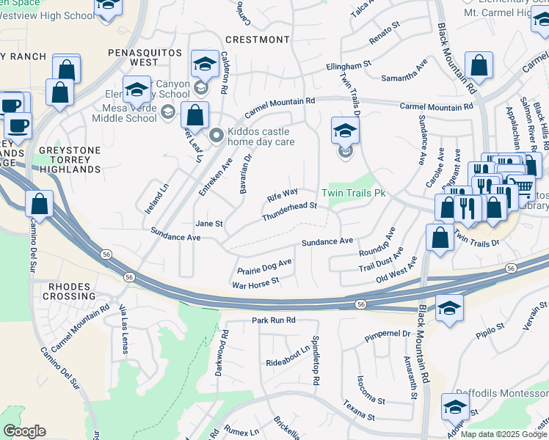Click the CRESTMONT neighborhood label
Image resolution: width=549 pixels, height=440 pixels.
pyautogui.click(x=257, y=39)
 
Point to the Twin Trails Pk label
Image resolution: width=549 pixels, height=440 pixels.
pyautogui.click(x=354, y=194)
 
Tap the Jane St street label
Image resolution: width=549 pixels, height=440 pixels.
pyautogui.click(x=208, y=223)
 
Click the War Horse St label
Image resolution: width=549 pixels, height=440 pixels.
pyautogui.click(x=255, y=282)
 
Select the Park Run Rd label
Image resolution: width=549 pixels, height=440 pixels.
pyautogui.click(x=272, y=320)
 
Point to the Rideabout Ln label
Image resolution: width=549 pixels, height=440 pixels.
pyautogui.click(x=288, y=356)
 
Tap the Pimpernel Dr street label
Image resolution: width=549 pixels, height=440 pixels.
pyautogui.click(x=386, y=337)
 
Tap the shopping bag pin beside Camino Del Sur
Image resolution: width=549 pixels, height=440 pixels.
pyautogui.click(x=40, y=204)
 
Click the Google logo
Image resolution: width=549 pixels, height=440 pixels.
pyautogui.click(x=24, y=430)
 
